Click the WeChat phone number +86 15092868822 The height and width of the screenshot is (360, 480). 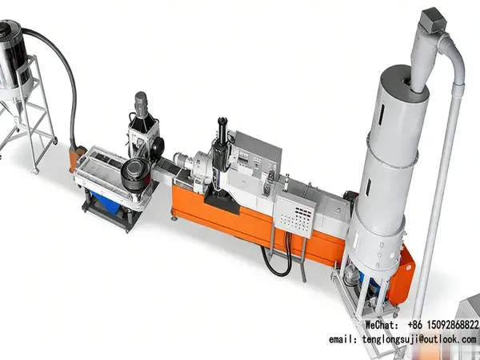443,325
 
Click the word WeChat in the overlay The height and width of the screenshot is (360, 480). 382,325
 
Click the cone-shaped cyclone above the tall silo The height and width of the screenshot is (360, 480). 423,62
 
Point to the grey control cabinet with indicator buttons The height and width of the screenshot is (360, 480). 294,215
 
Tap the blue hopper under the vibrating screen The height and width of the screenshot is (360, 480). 106,202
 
